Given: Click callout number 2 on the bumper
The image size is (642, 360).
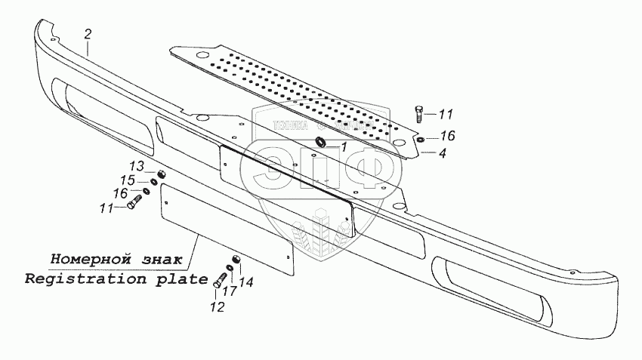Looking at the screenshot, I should (88, 33).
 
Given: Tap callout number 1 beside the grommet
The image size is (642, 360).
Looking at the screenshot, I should (343, 148).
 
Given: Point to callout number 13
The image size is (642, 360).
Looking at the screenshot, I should (135, 166).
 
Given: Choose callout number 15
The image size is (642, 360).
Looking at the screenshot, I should (128, 180).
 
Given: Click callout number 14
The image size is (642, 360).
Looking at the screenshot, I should (247, 283).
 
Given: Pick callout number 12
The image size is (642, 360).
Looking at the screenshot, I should (217, 307).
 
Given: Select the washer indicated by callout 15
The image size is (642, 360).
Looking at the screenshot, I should (153, 181).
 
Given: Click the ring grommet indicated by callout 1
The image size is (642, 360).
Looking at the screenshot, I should (320, 143).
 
